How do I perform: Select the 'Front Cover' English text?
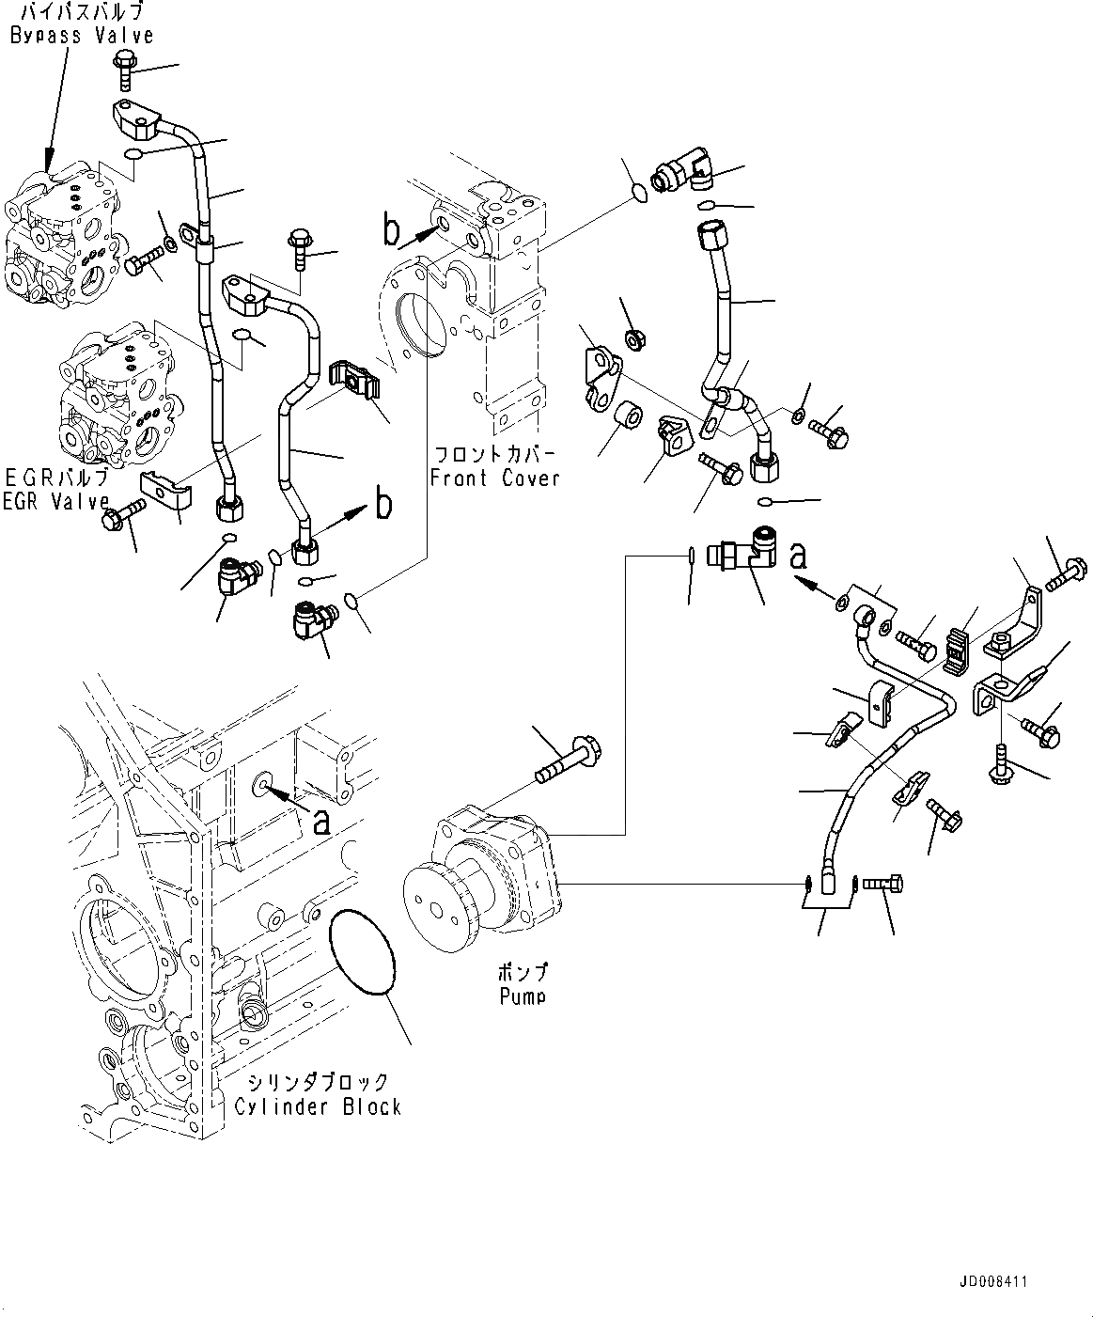(494, 478)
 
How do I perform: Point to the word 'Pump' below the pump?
(523, 996)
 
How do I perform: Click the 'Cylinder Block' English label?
(318, 1106)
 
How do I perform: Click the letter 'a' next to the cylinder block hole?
(321, 823)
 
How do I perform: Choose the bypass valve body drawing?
(62, 235)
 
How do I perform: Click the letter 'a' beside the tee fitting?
(799, 557)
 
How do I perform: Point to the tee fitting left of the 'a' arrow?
(742, 557)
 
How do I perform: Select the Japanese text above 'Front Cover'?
(494, 454)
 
